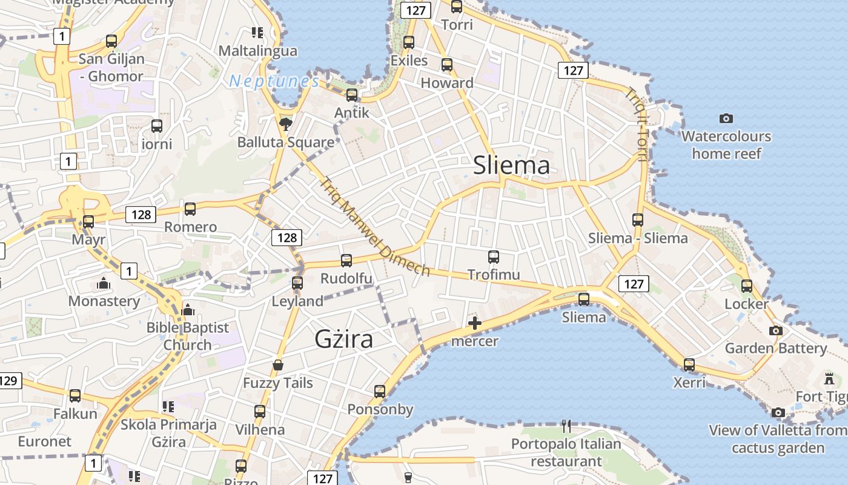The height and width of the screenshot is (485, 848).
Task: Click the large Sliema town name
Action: pos(511,165)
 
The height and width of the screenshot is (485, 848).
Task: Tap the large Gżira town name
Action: pos(343,339)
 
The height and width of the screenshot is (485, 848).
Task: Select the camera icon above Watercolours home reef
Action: pos(726,118)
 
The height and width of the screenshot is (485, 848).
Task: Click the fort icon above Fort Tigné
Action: pos(829,379)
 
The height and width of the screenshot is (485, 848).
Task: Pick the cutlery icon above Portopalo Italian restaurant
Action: pos(566,426)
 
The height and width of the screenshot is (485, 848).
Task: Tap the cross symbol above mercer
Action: pos(475,323)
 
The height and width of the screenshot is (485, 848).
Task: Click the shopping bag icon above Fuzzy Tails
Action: pos(278,364)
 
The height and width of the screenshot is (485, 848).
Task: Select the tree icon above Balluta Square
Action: pos(285,124)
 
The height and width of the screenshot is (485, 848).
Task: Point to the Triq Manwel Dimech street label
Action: pos(374,227)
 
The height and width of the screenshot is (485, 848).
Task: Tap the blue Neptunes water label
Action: pos(274,81)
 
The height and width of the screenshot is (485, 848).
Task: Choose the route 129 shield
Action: pos(8,381)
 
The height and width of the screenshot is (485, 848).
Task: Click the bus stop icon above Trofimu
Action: pos(493,256)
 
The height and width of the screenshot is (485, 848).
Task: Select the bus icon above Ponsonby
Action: pos(380,391)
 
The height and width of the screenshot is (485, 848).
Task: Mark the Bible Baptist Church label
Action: pos(188,336)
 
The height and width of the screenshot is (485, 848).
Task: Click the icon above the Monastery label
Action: pos(104,283)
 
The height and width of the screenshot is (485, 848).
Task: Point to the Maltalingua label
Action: pos(258,51)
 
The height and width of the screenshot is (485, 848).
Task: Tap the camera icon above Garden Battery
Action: pos(775,330)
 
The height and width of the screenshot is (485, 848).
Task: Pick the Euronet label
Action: pos(44,441)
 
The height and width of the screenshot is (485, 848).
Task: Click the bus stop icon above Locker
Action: pos(746,286)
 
